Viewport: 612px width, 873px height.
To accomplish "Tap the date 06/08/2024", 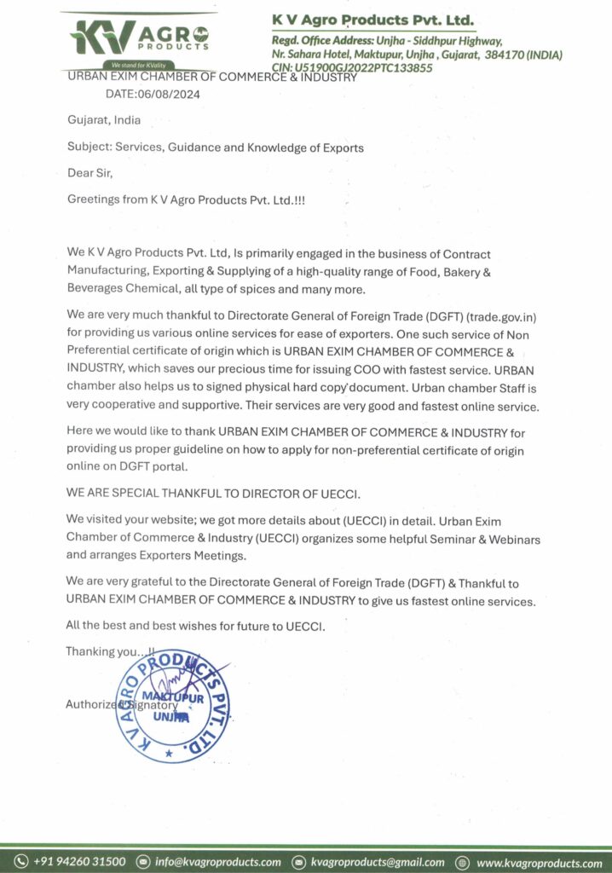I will tap(170, 95).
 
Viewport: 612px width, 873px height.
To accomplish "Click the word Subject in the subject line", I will tap(89, 147).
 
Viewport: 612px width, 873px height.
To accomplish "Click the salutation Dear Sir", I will tap(89, 173).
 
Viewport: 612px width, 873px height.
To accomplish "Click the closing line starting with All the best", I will tap(195, 626).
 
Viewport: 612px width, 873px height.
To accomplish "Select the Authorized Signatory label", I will tap(122, 704).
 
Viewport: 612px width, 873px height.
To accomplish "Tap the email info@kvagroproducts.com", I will tap(217, 862).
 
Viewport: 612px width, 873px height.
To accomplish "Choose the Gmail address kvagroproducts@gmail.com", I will tap(377, 862).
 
